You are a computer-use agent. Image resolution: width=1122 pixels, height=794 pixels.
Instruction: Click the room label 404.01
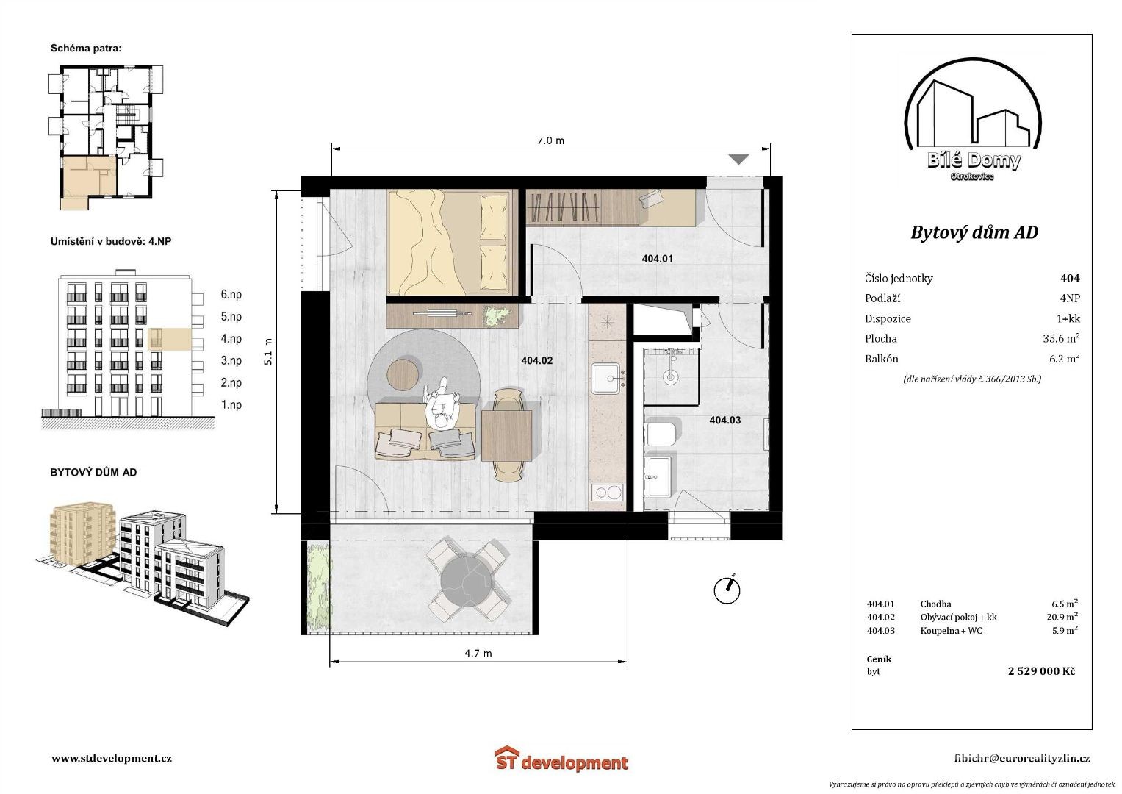coord(657,259)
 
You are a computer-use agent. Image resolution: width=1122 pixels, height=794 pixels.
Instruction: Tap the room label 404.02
coord(536,360)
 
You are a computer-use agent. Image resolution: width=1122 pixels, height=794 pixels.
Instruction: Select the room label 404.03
coord(724,420)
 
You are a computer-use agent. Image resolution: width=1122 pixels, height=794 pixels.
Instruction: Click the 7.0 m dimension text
coord(550,140)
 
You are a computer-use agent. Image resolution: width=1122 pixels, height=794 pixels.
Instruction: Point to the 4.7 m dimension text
coord(478,653)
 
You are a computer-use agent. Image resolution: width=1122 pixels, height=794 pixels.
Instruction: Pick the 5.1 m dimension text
coord(268,351)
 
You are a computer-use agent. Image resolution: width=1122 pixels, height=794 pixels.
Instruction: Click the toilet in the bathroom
coord(662,434)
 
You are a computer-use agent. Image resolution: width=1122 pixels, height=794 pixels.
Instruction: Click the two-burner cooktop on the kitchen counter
coord(607,493)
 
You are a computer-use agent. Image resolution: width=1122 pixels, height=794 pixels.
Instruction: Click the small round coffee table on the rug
coord(403,373)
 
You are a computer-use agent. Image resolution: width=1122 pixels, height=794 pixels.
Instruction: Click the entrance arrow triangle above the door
coord(739,160)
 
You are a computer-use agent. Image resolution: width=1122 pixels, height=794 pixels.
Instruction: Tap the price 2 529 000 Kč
coord(1042,670)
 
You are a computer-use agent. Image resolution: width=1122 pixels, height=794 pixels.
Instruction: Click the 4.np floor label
coord(231,339)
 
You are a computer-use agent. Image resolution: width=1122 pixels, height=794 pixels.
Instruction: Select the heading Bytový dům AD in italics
coord(974,232)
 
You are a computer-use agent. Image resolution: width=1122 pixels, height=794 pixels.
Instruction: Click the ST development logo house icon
coord(506,758)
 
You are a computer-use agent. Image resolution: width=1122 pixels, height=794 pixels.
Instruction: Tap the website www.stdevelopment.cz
coord(112,758)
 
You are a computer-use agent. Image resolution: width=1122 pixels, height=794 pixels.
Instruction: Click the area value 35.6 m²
coord(1061,338)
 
